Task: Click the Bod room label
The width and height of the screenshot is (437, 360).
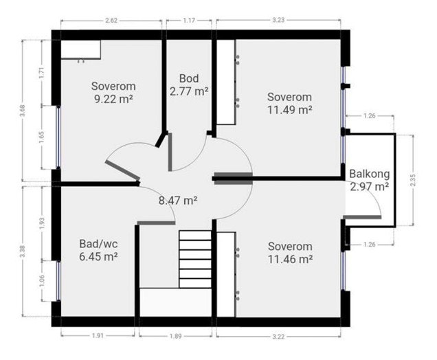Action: pyautogui.click(x=189, y=78)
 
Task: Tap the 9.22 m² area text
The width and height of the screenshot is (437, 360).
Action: pyautogui.click(x=113, y=99)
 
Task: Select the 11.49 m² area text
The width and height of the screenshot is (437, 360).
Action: pyautogui.click(x=290, y=109)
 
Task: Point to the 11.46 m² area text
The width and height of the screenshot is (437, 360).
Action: pyautogui.click(x=290, y=259)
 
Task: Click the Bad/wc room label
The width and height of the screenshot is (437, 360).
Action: pyautogui.click(x=98, y=244)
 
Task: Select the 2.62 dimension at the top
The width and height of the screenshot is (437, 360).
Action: pyautogui.click(x=111, y=21)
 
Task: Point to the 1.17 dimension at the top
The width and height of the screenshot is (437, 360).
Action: pyautogui.click(x=189, y=21)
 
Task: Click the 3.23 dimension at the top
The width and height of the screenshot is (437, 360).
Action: pyautogui.click(x=278, y=21)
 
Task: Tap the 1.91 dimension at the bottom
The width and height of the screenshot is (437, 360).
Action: pyautogui.click(x=98, y=336)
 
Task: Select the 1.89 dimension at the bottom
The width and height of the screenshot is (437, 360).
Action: pyautogui.click(x=175, y=336)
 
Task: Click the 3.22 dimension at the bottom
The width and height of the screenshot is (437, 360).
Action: pyautogui.click(x=278, y=336)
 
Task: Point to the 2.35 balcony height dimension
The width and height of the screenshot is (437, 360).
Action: pyautogui.click(x=412, y=179)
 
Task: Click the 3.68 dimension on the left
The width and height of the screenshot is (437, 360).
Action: pyautogui.click(x=23, y=111)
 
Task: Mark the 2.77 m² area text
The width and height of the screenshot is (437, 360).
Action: pyautogui.click(x=189, y=90)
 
